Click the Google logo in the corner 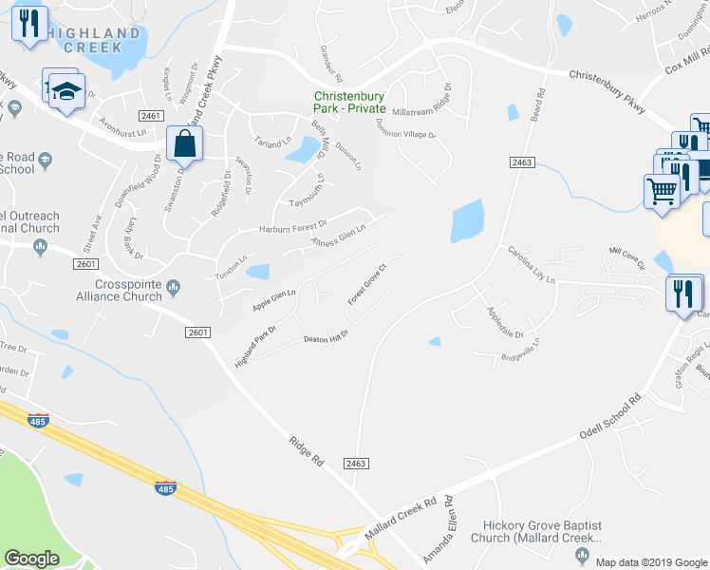(32, 559)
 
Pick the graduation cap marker (67, 93)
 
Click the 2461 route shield (150, 116)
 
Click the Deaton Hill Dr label (326, 338)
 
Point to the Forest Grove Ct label (368, 283)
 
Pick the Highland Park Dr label (254, 349)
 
